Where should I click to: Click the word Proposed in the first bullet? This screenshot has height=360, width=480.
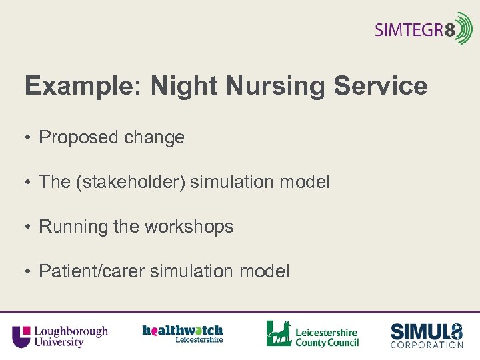[x=78, y=138]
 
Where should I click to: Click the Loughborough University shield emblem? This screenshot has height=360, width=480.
[x=21, y=336]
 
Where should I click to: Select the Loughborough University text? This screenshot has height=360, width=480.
[x=70, y=336]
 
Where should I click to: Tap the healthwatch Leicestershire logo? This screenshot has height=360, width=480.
[x=183, y=333]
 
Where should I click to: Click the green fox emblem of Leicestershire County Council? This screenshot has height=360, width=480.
[x=279, y=333]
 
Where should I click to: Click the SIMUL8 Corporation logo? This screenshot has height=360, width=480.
[x=426, y=335]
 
